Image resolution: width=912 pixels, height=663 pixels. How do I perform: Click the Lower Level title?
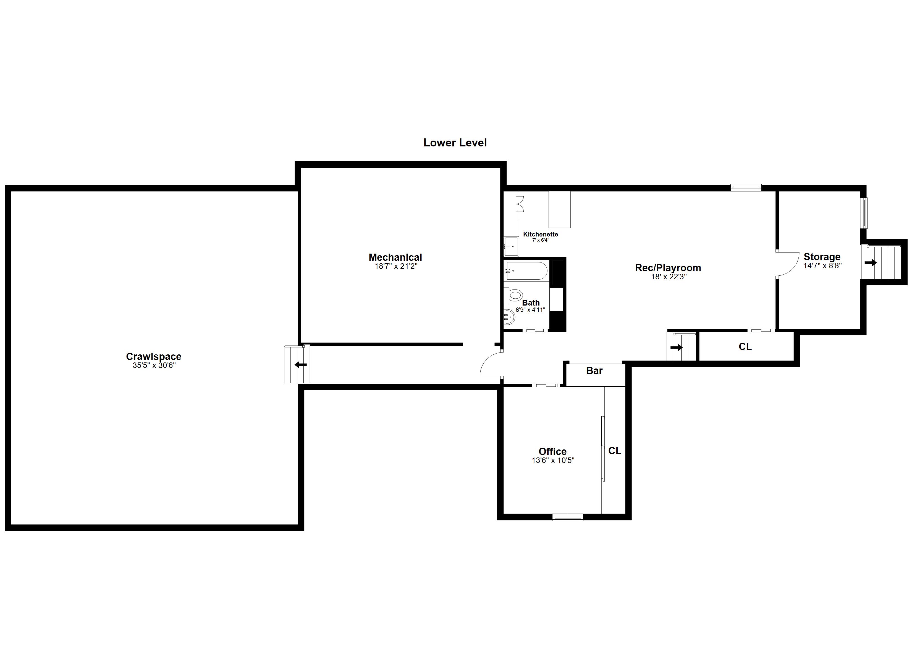point(455,143)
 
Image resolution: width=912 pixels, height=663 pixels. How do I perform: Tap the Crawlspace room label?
point(154,356)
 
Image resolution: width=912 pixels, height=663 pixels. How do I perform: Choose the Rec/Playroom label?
point(668,268)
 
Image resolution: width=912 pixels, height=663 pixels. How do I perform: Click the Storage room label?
point(822,257)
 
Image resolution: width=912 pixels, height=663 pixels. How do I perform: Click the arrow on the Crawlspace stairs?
point(301,365)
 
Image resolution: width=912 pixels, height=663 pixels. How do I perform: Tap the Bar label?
point(594,371)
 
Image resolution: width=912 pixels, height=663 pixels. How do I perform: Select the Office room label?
point(552,451)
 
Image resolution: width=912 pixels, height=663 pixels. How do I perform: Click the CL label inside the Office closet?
point(614,451)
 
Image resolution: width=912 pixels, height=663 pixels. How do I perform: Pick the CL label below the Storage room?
point(745,347)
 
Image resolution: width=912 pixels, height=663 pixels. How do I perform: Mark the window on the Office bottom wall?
point(567,517)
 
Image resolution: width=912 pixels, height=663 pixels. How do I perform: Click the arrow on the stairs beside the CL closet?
point(676,347)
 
